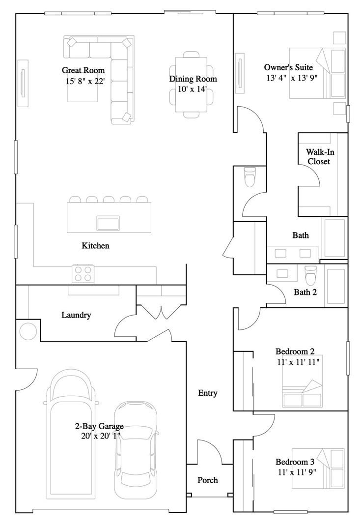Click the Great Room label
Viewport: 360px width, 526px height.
pos(83,70)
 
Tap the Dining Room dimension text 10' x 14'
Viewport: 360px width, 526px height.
pos(192,89)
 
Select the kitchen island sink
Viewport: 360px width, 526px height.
pos(108,223)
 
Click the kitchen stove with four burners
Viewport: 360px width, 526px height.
pos(83,273)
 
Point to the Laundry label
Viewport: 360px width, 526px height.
pos(76,315)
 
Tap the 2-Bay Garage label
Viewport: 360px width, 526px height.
pos(99,426)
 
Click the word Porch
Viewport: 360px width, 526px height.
pos(208,480)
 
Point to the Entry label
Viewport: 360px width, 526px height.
pos(208,393)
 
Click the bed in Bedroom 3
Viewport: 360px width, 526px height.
pos(318,468)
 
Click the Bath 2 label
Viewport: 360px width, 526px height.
pos(305,292)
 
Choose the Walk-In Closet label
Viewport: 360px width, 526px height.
pos(319,157)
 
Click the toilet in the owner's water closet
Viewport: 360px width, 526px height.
pos(250,176)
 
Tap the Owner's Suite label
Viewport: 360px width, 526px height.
pos(289,67)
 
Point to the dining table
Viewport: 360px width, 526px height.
pos(192,85)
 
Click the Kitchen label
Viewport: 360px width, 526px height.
pos(96,246)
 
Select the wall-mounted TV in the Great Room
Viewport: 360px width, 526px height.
pos(23,84)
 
